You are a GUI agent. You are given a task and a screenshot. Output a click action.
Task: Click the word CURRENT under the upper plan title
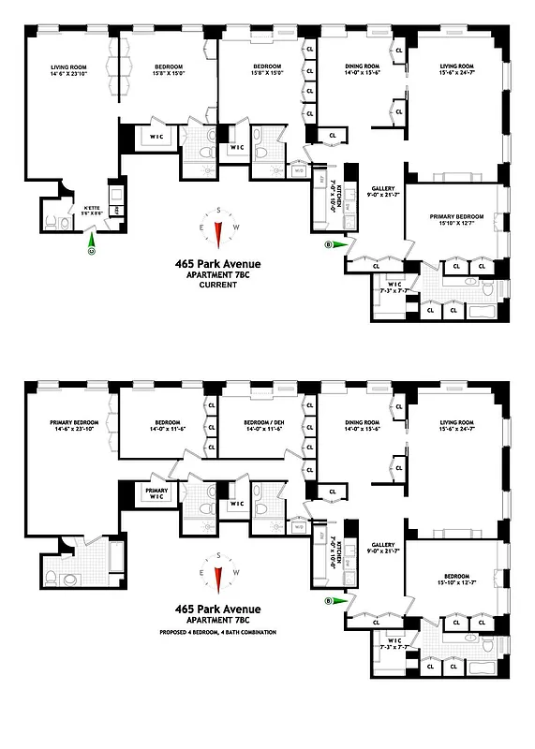click(217, 285)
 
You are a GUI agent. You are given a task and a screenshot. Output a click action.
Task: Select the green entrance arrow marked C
click(92, 248)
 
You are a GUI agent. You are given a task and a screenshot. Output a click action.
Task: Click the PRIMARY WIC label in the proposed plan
click(156, 492)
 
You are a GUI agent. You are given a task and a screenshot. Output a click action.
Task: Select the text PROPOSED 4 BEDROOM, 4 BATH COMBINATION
click(217, 634)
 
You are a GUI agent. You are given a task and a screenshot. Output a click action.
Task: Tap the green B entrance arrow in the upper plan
click(335, 245)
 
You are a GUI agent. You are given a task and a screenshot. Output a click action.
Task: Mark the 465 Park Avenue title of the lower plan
click(217, 608)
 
